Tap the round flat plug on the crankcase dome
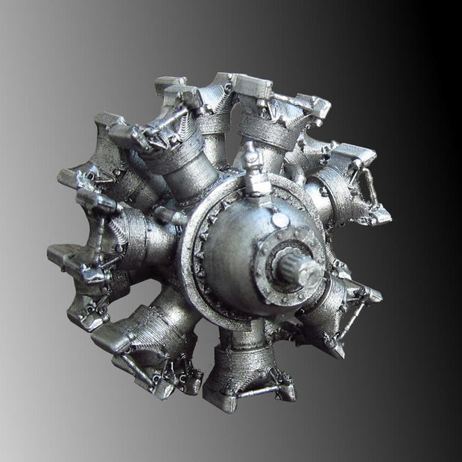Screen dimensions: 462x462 279,221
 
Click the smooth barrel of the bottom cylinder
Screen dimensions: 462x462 240,339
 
